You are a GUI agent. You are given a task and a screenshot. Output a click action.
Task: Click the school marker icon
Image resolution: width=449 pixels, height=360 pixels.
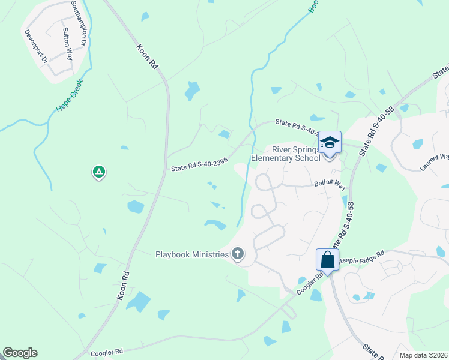click(330, 142)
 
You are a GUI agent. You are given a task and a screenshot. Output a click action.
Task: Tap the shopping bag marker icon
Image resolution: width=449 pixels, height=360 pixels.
click(328, 260)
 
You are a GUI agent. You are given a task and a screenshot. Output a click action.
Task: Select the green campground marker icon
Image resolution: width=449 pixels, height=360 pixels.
click(99, 173)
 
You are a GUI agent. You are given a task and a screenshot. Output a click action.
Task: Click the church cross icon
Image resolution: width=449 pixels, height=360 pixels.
click(238, 254)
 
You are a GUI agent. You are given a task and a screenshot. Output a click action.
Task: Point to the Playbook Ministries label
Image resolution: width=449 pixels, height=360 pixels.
click(192, 255)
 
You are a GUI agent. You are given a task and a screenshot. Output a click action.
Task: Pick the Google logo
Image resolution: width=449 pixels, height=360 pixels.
click(20, 353)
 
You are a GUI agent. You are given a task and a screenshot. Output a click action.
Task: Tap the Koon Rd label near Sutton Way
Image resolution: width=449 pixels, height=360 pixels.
click(147, 57)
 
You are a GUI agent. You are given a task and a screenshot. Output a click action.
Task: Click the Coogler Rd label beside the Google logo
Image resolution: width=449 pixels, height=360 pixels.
click(107, 353)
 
